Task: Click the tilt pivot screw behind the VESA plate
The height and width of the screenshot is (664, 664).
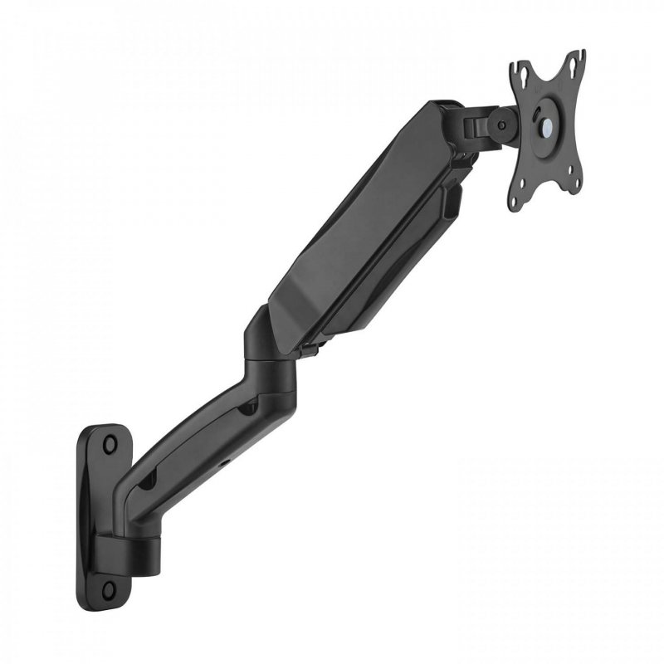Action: click(x=500, y=124)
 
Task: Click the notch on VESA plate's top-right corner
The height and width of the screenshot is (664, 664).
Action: click(x=580, y=55)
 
